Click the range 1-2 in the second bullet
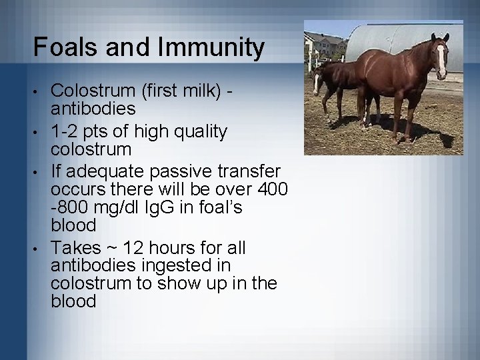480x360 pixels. (x=64, y=132)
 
